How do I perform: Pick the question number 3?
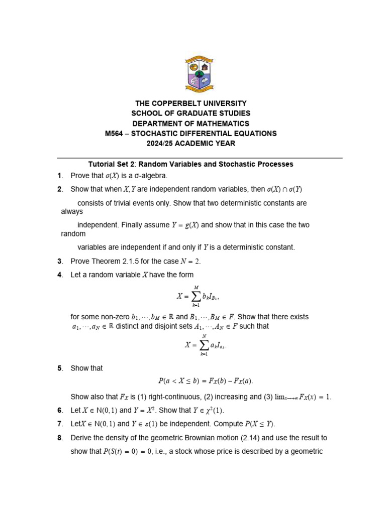(59, 261)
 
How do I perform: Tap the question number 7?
(59, 424)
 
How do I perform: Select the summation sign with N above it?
(204, 345)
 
